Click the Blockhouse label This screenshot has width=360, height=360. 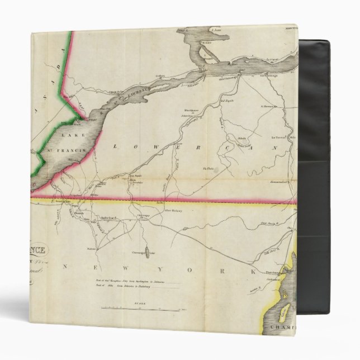click(193, 111)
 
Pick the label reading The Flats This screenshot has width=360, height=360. click(207, 168)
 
